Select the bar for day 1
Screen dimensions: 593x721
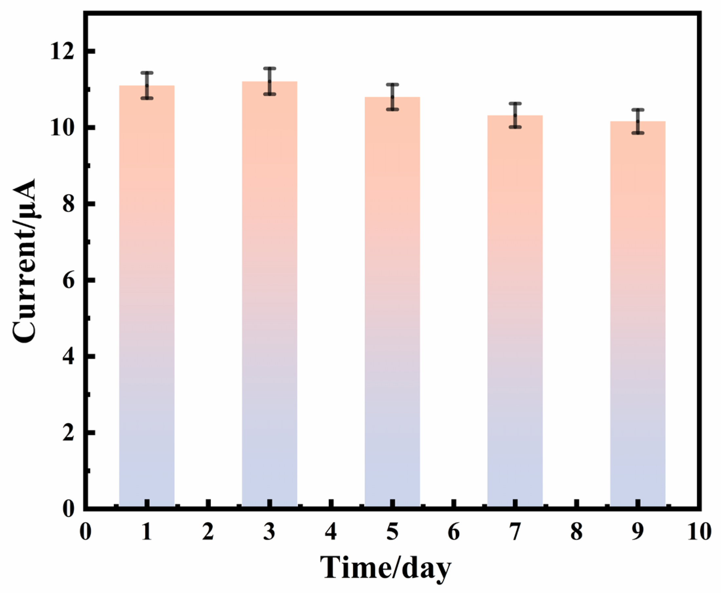(x=147, y=297)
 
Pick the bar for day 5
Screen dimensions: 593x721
(x=392, y=302)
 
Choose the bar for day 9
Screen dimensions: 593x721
(x=637, y=314)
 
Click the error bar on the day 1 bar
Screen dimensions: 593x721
(x=147, y=85)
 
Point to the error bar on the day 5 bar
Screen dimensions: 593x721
(x=392, y=97)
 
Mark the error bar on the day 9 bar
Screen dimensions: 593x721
(x=637, y=121)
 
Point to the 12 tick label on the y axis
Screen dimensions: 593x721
(x=63, y=52)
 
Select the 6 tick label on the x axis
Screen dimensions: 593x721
(x=453, y=532)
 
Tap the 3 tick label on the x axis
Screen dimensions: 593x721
(x=269, y=532)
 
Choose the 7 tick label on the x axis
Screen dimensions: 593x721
(x=515, y=532)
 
